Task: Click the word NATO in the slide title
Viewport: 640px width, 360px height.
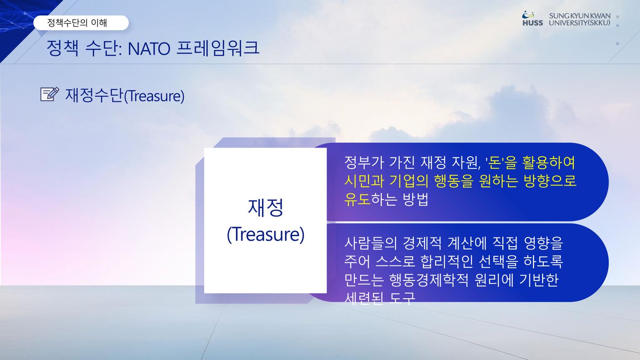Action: [x=149, y=48]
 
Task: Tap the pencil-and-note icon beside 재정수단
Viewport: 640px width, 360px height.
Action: [x=50, y=94]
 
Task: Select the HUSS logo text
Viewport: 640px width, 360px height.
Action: [x=533, y=23]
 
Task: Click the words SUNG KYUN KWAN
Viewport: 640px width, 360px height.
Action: [x=580, y=16]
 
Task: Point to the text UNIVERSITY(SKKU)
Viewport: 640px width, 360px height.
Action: [x=580, y=23]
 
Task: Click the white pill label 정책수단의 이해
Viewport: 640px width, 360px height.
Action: [x=81, y=23]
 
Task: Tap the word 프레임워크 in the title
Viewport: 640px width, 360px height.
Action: [x=218, y=48]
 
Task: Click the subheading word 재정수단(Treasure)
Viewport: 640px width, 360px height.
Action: [x=125, y=95]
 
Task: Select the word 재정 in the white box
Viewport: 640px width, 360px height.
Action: [x=266, y=207]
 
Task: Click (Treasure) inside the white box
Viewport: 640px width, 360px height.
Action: [x=266, y=234]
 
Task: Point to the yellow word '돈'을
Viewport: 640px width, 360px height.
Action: [x=501, y=163]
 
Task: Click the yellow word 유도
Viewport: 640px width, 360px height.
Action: [x=357, y=199]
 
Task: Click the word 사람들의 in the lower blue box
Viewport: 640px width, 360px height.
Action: [x=371, y=243]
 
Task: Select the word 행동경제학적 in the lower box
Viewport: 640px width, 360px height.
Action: [x=429, y=280]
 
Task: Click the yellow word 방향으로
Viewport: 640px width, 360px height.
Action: [x=550, y=181]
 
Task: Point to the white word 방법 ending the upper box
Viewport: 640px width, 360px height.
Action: [x=416, y=199]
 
